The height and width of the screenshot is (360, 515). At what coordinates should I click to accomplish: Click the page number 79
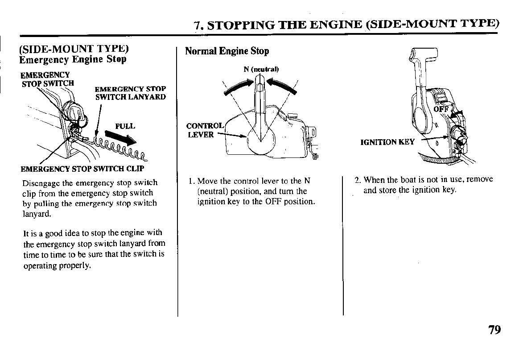point(494,330)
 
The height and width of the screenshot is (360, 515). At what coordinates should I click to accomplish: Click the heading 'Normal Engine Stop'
point(227,51)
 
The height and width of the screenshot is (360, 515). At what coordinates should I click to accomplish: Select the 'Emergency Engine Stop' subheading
point(73,59)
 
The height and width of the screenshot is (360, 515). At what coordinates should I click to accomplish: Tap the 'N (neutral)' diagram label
point(261,69)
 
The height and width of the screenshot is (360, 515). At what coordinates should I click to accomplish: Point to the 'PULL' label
point(125,126)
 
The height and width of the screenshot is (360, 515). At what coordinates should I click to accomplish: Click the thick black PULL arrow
point(120,138)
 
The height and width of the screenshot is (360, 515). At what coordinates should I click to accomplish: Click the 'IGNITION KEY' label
point(387,142)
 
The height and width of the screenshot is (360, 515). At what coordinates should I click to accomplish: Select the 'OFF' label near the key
point(441,109)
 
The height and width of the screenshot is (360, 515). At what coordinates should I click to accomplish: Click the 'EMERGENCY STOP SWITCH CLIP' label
point(82,169)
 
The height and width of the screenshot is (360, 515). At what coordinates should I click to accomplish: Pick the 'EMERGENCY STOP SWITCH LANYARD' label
point(130,93)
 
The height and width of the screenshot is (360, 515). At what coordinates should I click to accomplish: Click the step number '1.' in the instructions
point(192,181)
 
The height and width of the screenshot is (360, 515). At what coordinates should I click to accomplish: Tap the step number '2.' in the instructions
point(358,180)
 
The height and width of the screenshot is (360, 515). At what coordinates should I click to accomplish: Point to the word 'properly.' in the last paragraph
point(74,265)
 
